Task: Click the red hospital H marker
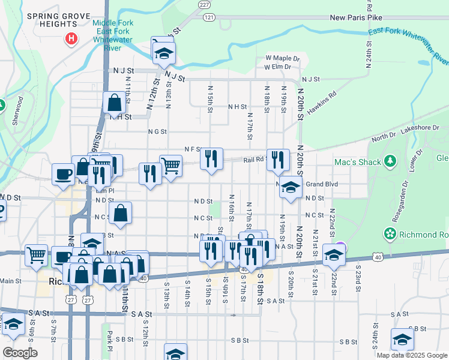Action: click(71, 40)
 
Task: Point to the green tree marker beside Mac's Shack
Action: click(391, 161)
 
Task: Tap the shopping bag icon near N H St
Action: click(114, 103)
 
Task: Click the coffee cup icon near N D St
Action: click(63, 175)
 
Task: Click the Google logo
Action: click(20, 353)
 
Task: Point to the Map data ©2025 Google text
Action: click(412, 355)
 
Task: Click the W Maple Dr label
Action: click(282, 58)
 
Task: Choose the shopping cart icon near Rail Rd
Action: click(171, 165)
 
